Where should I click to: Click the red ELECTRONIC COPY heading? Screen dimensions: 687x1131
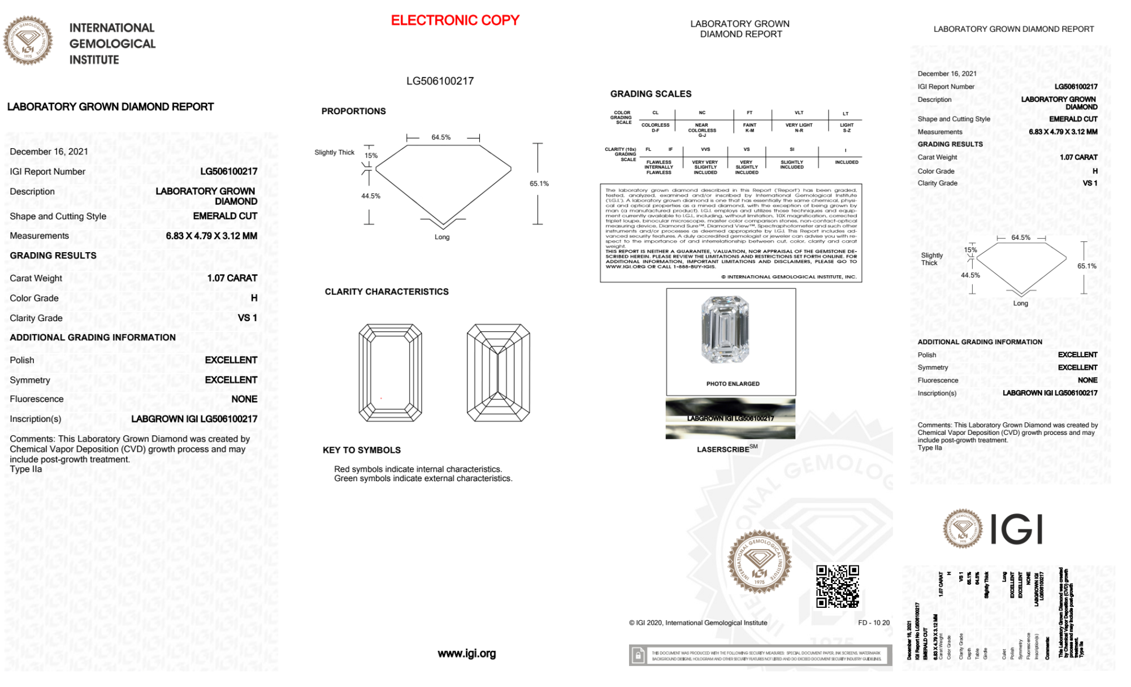[455, 20]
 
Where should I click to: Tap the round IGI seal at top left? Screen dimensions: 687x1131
[28, 41]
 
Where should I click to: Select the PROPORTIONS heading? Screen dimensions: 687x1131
[353, 111]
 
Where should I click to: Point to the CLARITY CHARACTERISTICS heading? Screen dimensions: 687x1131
[387, 292]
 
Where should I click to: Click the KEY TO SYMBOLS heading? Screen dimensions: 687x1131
[362, 450]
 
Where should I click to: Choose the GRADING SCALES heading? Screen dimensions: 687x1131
[651, 94]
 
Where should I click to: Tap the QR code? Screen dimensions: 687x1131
[837, 586]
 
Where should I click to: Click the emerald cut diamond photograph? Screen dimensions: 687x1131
[725, 330]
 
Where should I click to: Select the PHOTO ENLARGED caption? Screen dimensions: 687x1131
[733, 384]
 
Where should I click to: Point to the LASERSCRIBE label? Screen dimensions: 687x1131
[723, 450]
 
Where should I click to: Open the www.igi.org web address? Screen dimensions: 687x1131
[466, 654]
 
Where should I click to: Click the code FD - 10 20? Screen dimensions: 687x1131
[873, 623]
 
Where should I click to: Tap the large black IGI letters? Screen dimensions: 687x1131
[1017, 530]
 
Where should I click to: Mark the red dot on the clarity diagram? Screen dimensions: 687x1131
[381, 399]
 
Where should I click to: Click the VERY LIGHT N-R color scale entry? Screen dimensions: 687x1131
[799, 128]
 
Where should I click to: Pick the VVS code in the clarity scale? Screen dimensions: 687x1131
[705, 150]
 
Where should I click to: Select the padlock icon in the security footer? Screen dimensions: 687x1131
[638, 656]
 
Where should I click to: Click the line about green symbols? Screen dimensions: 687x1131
[423, 479]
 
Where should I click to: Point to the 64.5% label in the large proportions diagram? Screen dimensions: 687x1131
[441, 137]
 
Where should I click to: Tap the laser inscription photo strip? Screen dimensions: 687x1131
[730, 418]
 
